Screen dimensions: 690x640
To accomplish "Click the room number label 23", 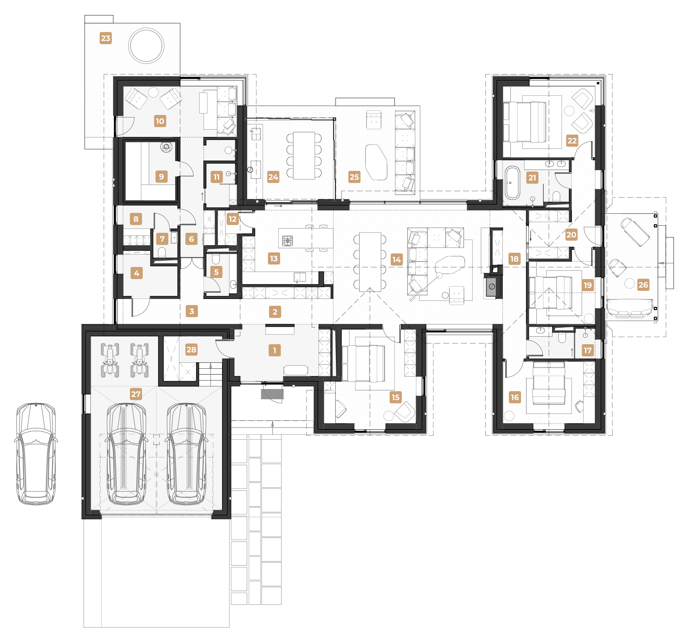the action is pyautogui.click(x=106, y=38).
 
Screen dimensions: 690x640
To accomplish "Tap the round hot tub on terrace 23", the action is pyautogui.click(x=146, y=46).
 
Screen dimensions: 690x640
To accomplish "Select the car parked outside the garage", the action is pyautogui.click(x=36, y=454).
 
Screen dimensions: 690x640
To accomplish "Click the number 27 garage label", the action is pyautogui.click(x=136, y=394).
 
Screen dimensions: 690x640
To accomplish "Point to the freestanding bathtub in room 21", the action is pyautogui.click(x=512, y=183).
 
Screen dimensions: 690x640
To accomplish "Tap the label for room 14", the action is pyautogui.click(x=396, y=259).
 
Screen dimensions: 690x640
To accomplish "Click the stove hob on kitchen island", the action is pyautogui.click(x=288, y=241).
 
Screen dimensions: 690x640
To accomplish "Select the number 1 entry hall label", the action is pyautogui.click(x=275, y=350).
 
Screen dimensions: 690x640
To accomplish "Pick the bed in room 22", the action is pyautogui.click(x=525, y=122).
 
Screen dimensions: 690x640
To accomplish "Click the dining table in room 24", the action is pyautogui.click(x=304, y=156).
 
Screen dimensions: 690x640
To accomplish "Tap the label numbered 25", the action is pyautogui.click(x=354, y=177).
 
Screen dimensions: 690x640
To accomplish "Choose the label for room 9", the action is pyautogui.click(x=162, y=177).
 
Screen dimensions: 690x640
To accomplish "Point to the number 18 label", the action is pyautogui.click(x=515, y=259).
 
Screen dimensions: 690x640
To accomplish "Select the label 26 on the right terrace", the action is pyautogui.click(x=643, y=285).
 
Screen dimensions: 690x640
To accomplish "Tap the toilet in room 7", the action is pyautogui.click(x=162, y=253).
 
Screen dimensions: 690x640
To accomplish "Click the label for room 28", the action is pyautogui.click(x=191, y=350).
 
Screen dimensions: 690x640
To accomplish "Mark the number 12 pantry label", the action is pyautogui.click(x=233, y=219).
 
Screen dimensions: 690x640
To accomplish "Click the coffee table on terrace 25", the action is pyautogui.click(x=376, y=162).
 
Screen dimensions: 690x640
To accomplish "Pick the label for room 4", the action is pyautogui.click(x=137, y=273).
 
